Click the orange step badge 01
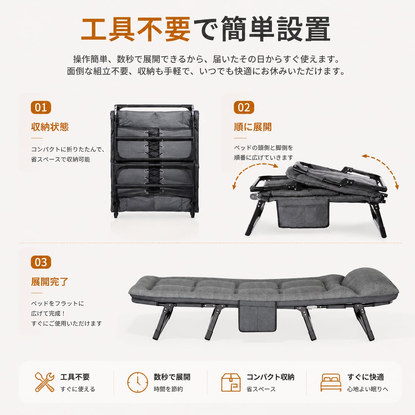tap(41, 107)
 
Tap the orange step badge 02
tap(244, 107)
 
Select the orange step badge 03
tap(41, 262)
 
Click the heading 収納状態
tap(50, 127)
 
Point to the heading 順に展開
tap(253, 127)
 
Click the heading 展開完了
tap(50, 282)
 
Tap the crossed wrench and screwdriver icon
tap(45, 382)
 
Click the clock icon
tap(138, 382)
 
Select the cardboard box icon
tap(231, 382)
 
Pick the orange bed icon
tap(331, 383)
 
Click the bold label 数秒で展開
tap(172, 377)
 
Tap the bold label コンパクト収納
tap(270, 377)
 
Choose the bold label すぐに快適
tap(366, 377)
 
